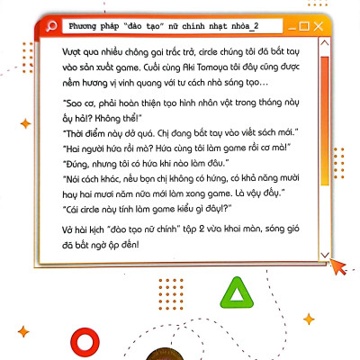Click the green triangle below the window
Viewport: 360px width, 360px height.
[238, 292]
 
